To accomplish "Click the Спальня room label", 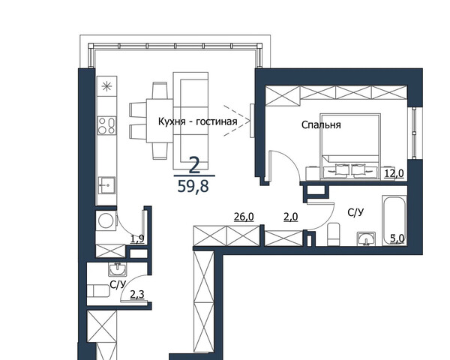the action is [x=321, y=125].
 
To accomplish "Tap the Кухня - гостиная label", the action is [x=198, y=121].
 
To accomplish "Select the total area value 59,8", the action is [x=193, y=187].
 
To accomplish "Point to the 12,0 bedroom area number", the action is [x=394, y=173].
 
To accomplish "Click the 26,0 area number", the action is [x=244, y=217].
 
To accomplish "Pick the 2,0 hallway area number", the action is [x=291, y=217].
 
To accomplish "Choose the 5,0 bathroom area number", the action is [x=397, y=238].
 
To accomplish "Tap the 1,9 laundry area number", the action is [x=137, y=238].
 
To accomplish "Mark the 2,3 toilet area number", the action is [x=137, y=294].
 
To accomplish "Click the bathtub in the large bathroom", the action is [x=394, y=220].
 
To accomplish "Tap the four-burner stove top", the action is [x=106, y=126].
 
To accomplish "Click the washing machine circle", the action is [x=106, y=220].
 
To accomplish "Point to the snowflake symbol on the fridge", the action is [x=106, y=86].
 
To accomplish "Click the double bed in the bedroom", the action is [x=350, y=146].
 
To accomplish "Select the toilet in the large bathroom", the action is [x=334, y=234].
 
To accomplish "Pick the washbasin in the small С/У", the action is [x=117, y=269].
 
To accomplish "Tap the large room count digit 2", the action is [x=194, y=166].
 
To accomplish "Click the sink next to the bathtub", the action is [x=366, y=238].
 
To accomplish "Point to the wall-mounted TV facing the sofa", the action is [x=252, y=121].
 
